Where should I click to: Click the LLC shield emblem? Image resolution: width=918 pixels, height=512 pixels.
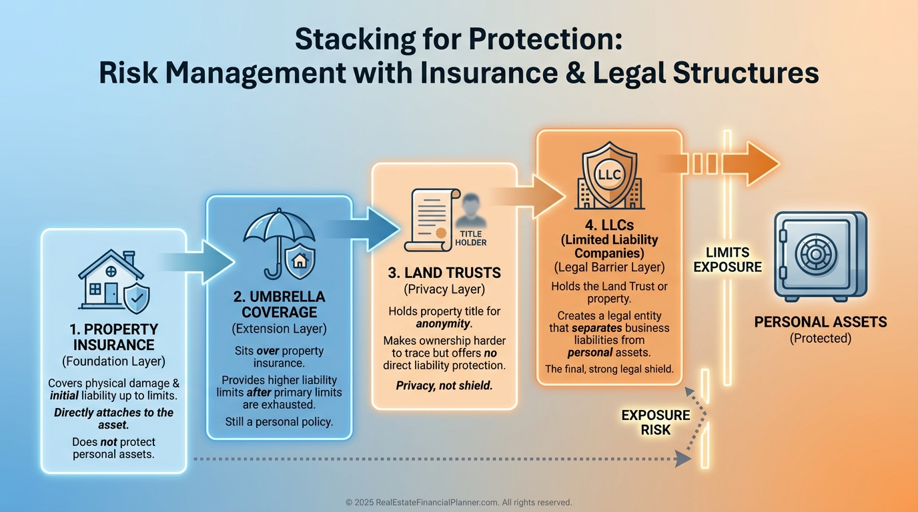(608, 175)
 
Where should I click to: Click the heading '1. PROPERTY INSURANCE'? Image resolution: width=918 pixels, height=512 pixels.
(113, 337)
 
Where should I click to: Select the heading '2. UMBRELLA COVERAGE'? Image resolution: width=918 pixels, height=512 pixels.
(279, 305)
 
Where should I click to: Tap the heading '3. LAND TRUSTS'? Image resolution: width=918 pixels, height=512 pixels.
(444, 273)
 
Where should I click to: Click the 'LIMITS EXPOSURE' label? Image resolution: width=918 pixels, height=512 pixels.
(727, 260)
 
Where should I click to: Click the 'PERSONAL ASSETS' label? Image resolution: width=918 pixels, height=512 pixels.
(821, 323)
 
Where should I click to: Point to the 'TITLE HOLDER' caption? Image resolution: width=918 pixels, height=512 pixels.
(471, 238)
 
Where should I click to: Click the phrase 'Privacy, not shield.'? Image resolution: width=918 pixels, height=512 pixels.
(444, 385)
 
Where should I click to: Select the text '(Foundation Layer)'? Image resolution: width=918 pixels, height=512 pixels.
(113, 362)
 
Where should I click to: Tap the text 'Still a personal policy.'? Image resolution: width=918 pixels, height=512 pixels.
(279, 421)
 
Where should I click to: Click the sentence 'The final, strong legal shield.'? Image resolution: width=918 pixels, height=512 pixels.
(609, 369)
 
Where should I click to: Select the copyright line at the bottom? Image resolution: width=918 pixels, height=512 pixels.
(459, 503)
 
